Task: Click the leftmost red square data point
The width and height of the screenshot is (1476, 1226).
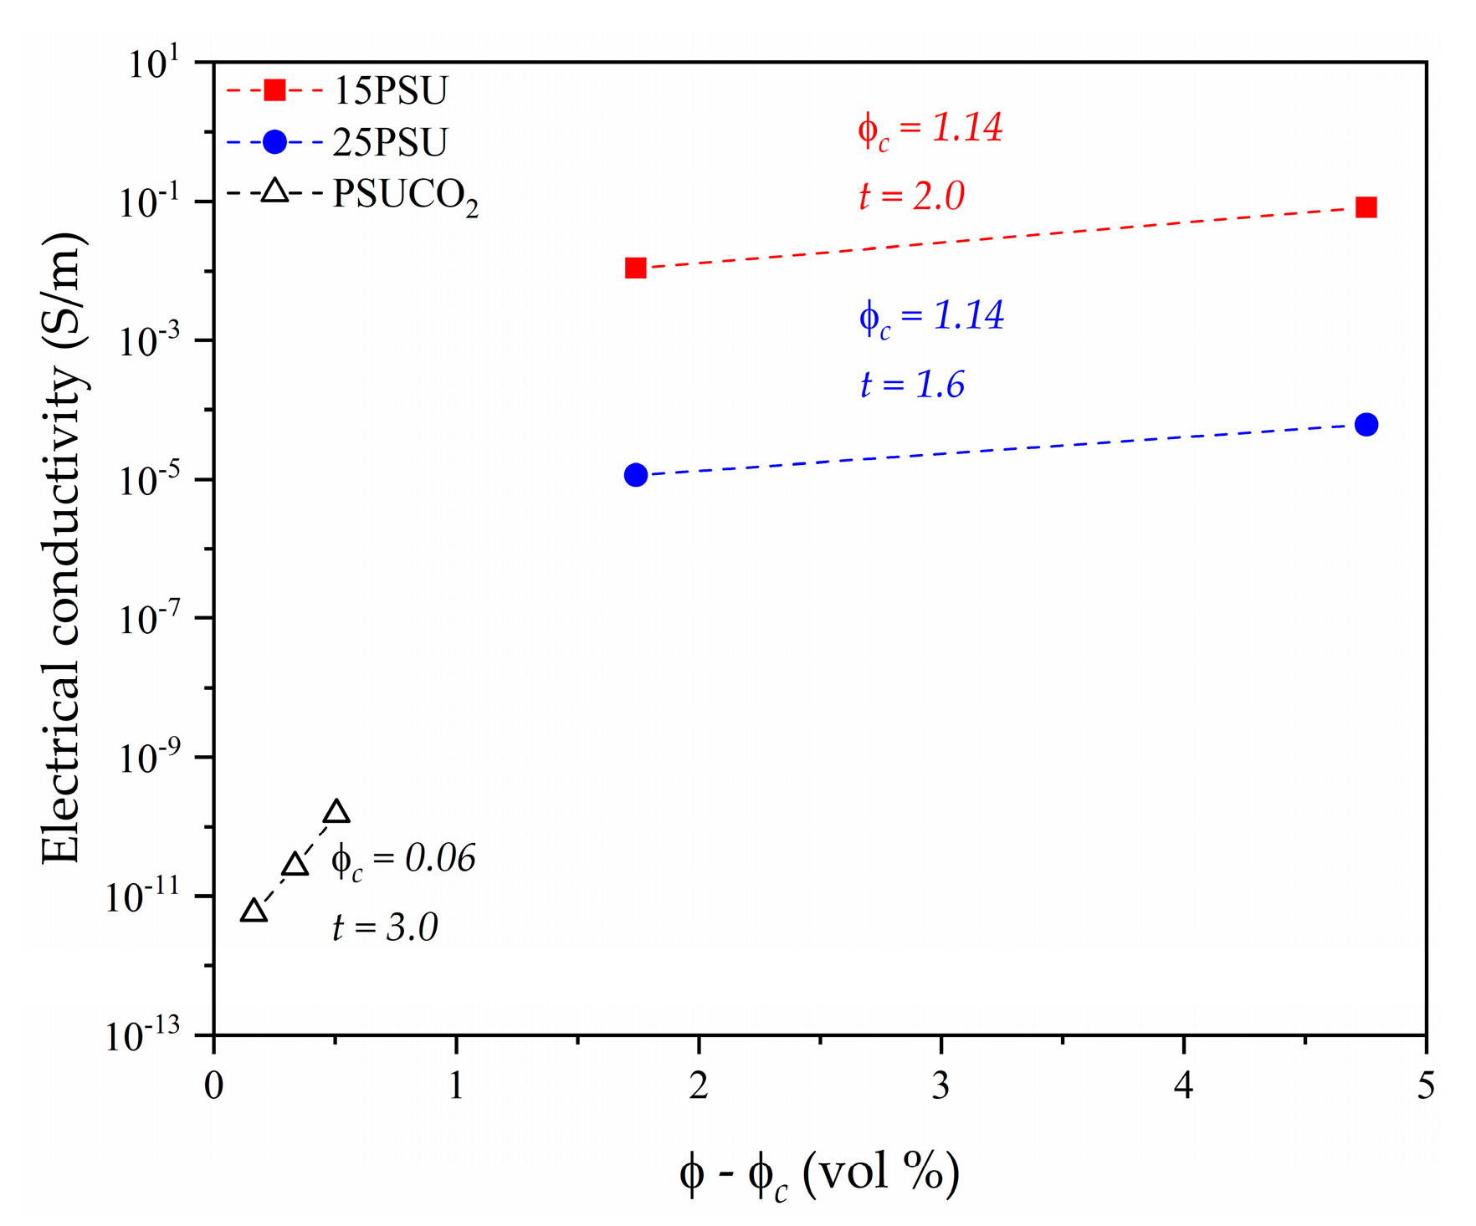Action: (636, 268)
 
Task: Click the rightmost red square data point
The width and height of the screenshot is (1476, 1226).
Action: (1366, 207)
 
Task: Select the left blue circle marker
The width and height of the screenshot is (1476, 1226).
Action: (636, 475)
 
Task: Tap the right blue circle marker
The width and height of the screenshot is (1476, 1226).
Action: (1366, 425)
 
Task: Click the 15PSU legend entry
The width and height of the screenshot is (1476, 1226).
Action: (390, 90)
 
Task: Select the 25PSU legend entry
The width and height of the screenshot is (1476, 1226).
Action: (390, 142)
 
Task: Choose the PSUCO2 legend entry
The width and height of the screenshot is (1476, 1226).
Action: (405, 196)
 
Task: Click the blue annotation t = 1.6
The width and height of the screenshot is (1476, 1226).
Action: (912, 385)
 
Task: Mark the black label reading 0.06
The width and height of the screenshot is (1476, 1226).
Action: (440, 859)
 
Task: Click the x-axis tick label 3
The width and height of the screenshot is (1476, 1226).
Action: (941, 1086)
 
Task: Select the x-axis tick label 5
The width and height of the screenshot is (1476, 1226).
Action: (1426, 1086)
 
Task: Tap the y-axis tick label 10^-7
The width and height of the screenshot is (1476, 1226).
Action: (151, 619)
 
